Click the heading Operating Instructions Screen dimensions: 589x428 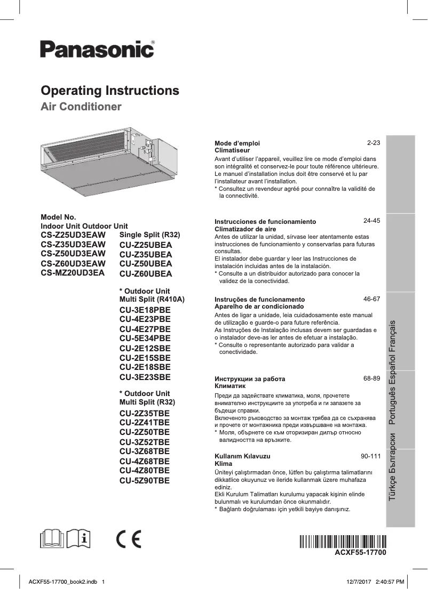(x=110, y=90)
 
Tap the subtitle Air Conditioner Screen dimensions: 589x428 (x=81, y=107)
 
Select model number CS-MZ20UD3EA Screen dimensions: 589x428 (x=73, y=272)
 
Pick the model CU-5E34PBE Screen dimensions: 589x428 (x=145, y=338)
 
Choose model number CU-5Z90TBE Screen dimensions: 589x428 (x=145, y=480)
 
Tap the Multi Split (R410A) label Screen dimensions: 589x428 (x=152, y=300)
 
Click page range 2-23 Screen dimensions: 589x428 (x=373, y=143)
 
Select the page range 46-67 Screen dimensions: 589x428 (x=371, y=299)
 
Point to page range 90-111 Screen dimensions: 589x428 (x=370, y=456)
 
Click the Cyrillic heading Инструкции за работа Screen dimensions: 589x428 (x=249, y=379)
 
